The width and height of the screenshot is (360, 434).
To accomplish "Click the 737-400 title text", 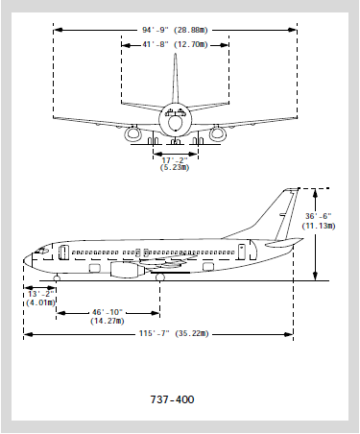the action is tap(172, 399).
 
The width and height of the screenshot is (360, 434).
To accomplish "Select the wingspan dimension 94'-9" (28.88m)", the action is tap(175, 30).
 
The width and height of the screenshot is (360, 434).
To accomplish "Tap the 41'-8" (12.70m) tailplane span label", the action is tap(175, 44).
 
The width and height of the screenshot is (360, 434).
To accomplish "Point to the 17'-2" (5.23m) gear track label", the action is tap(175, 163).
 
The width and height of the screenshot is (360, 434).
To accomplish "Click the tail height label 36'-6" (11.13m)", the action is tap(319, 221).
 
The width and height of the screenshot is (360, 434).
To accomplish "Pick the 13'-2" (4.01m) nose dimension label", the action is tap(40, 299).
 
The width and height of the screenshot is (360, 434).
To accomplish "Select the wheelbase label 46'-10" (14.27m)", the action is tap(108, 317).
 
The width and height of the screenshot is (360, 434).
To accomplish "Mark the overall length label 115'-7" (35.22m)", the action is tap(174, 333).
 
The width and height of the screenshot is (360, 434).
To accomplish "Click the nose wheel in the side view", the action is tap(57, 277).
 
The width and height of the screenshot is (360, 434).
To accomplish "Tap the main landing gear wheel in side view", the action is tap(160, 277).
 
